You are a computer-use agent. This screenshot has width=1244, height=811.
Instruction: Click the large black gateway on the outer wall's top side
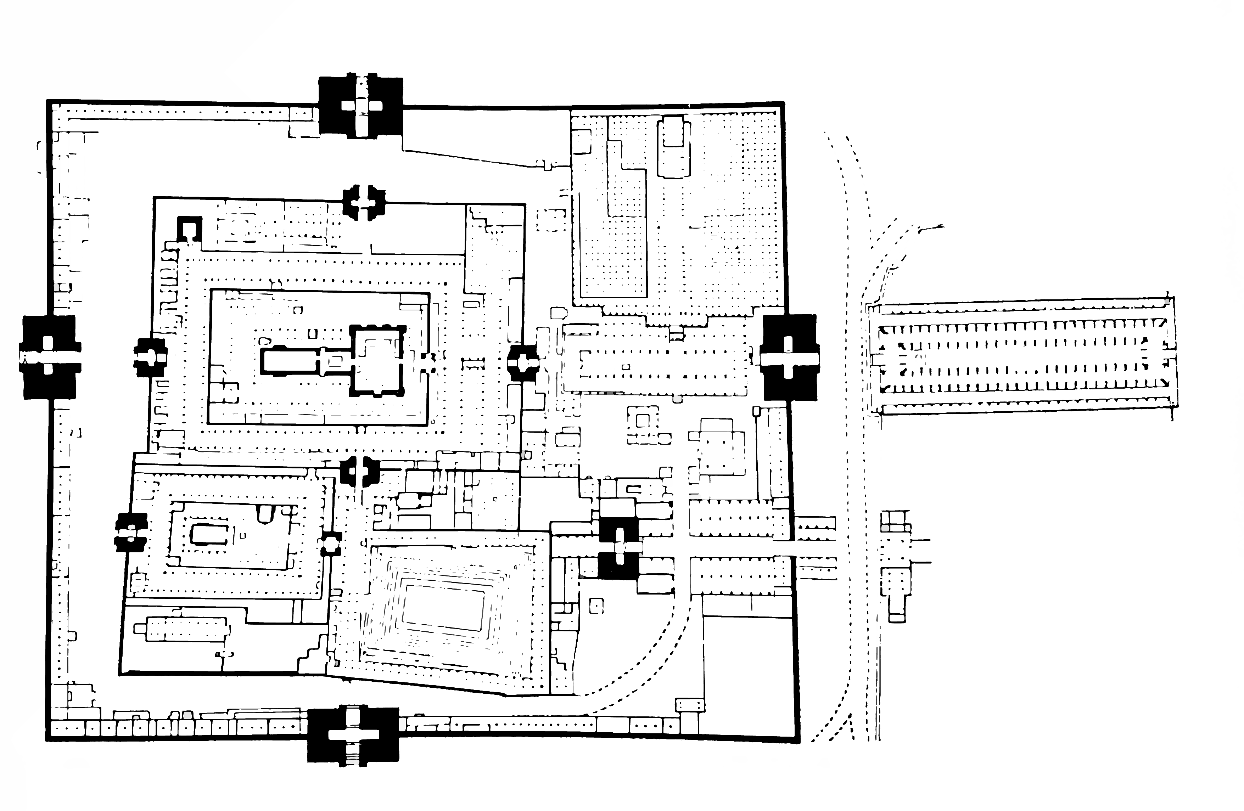coord(361,106)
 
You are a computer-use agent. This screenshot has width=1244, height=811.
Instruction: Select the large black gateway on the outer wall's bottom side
coord(353,734)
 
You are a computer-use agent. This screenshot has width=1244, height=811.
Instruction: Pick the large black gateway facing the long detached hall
coord(789,358)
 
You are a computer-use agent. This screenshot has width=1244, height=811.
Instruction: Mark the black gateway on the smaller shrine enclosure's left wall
coord(131,532)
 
